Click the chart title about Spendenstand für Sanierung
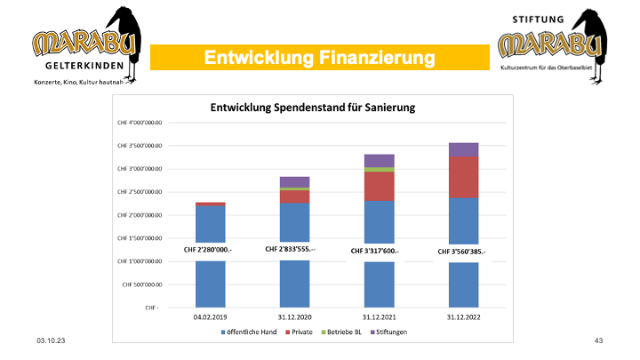click(x=313, y=107)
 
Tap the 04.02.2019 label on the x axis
click(x=211, y=316)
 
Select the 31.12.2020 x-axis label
click(x=295, y=316)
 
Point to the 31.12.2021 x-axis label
click(x=380, y=316)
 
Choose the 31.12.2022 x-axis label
click(x=463, y=316)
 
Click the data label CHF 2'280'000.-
click(x=208, y=250)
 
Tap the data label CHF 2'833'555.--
click(x=295, y=250)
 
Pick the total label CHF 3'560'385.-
click(x=462, y=252)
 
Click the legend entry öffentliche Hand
click(x=249, y=332)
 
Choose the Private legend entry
click(x=302, y=332)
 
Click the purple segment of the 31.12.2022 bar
click(x=463, y=148)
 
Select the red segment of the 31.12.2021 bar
click(x=380, y=186)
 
